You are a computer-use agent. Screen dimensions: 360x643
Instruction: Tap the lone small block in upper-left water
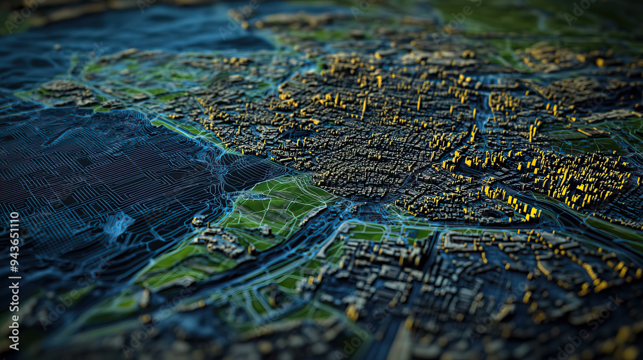click(57, 47)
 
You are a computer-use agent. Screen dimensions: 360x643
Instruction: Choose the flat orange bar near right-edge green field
click(584, 132)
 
